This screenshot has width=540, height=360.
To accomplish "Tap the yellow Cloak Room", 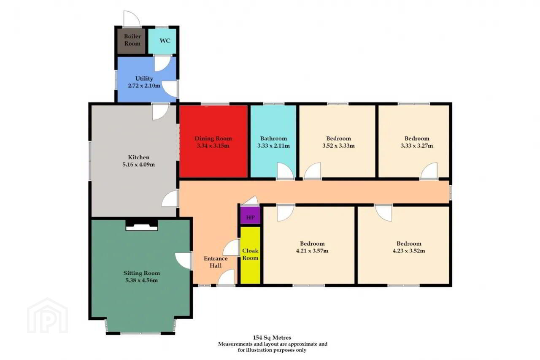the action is click(251, 255).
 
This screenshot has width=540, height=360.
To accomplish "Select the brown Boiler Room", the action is click(131, 41).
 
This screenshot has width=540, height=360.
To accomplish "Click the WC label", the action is click(165, 41).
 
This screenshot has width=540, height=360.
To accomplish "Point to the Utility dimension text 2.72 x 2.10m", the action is click(144, 86).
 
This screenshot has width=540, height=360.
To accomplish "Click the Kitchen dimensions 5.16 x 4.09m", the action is click(139, 165).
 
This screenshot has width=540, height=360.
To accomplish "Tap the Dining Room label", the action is click(213, 139).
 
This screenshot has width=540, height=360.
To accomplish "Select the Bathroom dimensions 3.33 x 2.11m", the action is click(273, 146).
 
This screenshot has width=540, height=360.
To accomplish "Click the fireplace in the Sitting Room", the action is click(142, 225).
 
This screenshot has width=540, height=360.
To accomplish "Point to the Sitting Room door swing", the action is click(183, 260).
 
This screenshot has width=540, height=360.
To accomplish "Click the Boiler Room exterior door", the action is click(132, 19).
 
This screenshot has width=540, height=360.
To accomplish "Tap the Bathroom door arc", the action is click(285, 171).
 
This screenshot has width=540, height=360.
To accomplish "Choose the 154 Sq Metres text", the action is click(272, 338).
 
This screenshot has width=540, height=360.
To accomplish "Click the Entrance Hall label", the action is click(216, 262).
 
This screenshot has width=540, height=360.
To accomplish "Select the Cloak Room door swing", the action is click(231, 247).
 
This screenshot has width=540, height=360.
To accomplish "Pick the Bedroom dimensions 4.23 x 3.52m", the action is click(409, 251).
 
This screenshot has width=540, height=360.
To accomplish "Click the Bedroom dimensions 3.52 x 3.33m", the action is click(338, 146).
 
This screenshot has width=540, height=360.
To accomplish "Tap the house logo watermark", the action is click(48, 315).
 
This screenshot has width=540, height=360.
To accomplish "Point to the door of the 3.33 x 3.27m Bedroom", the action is click(429, 171).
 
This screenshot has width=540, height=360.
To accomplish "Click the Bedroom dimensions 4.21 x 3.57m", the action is click(312, 251).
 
